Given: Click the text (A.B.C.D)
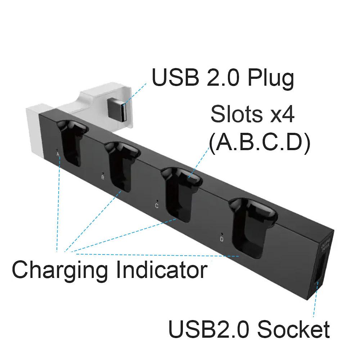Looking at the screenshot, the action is pyautogui.click(x=259, y=144).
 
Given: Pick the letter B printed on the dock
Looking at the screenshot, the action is pyautogui.click(x=103, y=177).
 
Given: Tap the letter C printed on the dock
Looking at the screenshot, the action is pyautogui.click(x=156, y=206).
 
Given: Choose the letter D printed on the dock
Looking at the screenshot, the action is pyautogui.click(x=222, y=239).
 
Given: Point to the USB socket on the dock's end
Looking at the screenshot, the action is pyautogui.click(x=321, y=268).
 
